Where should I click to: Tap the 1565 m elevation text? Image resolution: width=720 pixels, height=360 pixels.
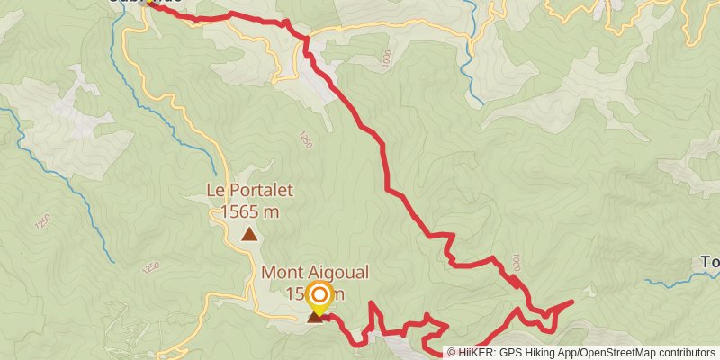[x=249, y=211]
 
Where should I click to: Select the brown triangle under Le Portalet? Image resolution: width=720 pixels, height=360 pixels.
[x=249, y=235]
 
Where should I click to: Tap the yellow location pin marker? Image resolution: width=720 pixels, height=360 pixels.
[x=319, y=297]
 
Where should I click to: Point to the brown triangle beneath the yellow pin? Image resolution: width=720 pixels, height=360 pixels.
[x=315, y=317]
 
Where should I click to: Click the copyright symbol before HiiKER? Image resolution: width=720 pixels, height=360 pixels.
[x=452, y=353]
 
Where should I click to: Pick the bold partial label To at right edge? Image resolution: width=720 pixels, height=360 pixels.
[x=710, y=263]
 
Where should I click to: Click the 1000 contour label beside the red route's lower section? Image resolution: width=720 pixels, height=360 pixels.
[x=515, y=262]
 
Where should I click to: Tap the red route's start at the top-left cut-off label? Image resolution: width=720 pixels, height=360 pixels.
[x=149, y=5]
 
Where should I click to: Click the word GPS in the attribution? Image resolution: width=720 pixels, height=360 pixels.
[x=520, y=353]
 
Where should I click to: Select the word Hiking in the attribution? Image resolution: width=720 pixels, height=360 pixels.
[x=553, y=353]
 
